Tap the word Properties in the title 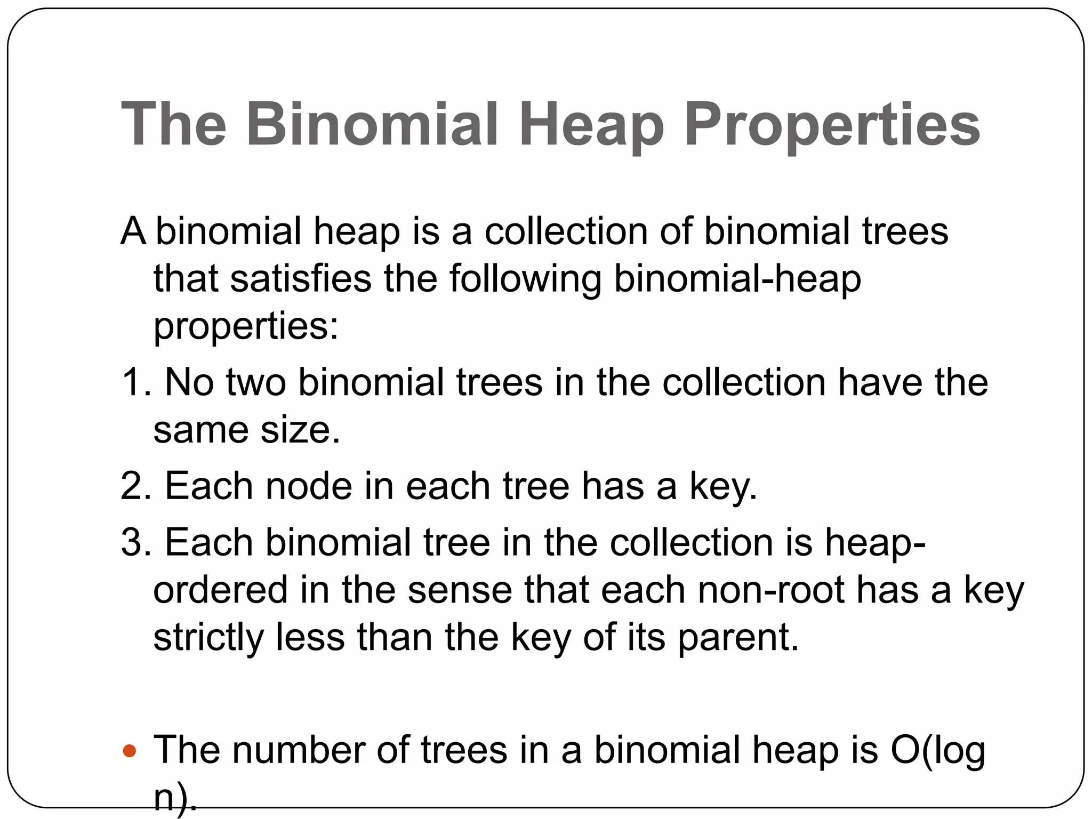pos(832,126)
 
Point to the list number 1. pos(134,382)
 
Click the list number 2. pos(134,486)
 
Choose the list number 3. pos(134,542)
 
